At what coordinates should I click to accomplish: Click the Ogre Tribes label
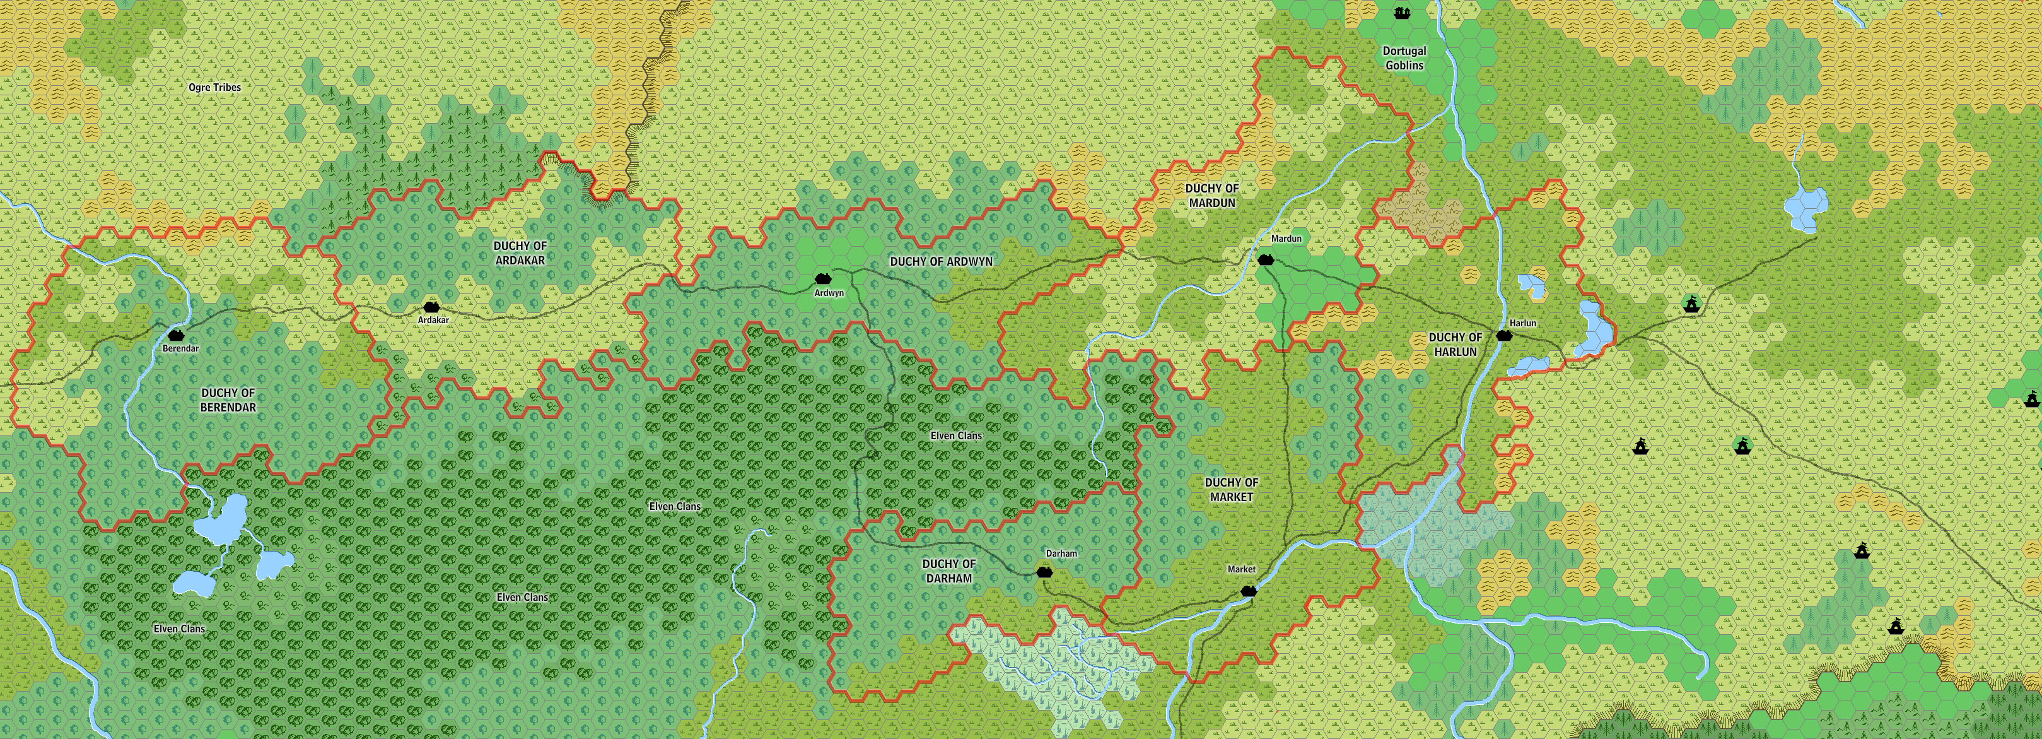tap(215, 87)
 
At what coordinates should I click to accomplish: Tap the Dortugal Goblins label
tap(1404, 58)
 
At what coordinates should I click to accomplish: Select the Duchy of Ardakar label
tap(520, 253)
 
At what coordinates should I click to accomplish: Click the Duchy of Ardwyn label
tap(941, 261)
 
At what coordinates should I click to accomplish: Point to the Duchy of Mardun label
tap(1211, 195)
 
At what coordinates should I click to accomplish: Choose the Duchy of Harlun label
tap(1455, 344)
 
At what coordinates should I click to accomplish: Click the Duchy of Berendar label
tap(228, 399)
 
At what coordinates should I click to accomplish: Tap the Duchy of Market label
tap(1231, 489)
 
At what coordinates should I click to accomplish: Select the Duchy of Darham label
tap(949, 571)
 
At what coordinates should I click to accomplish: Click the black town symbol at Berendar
tap(175, 336)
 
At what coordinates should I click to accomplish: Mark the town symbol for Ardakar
tap(431, 307)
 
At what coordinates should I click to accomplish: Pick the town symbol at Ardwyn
tap(822, 279)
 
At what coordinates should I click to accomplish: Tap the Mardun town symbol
tap(1265, 259)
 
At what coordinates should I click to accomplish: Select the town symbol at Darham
tap(1045, 572)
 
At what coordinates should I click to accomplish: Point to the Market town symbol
tap(1249, 590)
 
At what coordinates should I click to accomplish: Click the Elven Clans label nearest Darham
tap(956, 435)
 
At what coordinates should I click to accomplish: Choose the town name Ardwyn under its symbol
tap(829, 293)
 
